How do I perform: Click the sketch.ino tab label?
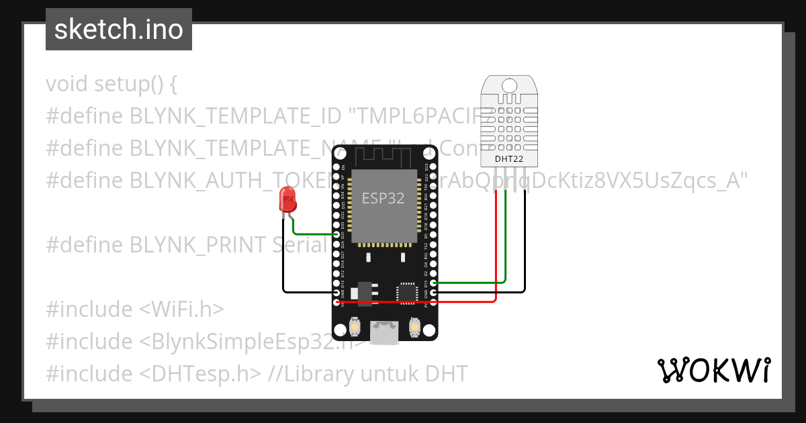(119, 30)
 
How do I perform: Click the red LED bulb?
(288, 199)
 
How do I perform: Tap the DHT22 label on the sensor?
(508, 159)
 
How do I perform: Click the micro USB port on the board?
(384, 332)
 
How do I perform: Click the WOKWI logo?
(713, 370)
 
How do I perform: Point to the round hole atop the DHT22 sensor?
(509, 85)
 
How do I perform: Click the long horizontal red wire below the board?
(416, 302)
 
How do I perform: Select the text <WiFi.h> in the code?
(181, 310)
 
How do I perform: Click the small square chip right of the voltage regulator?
(406, 292)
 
